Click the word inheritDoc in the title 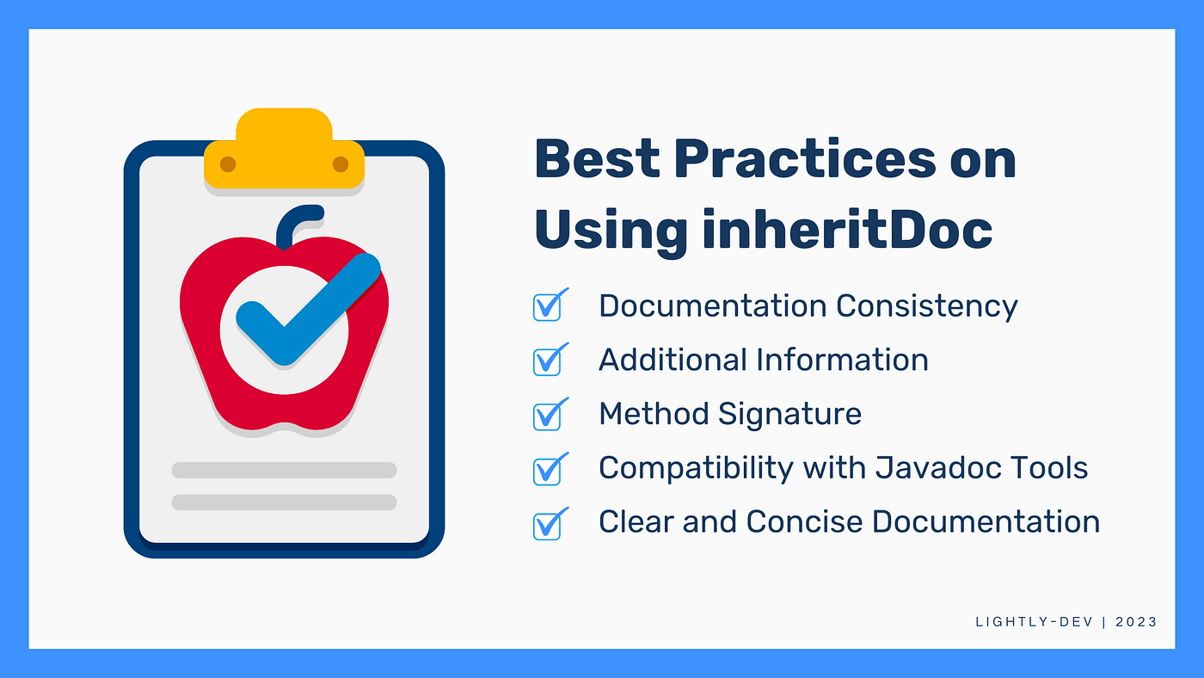click(847, 230)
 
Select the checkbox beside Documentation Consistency click(550, 305)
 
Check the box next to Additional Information click(550, 360)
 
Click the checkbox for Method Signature click(550, 414)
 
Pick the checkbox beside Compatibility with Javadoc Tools click(550, 469)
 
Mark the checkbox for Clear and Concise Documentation click(550, 524)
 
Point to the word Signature click(789, 415)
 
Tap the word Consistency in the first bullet click(927, 307)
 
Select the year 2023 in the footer click(1136, 622)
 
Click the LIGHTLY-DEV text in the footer click(1034, 622)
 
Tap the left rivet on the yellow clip click(228, 164)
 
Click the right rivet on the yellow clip click(341, 164)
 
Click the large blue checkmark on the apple click(308, 311)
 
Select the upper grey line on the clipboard click(284, 470)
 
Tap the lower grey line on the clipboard click(284, 502)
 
